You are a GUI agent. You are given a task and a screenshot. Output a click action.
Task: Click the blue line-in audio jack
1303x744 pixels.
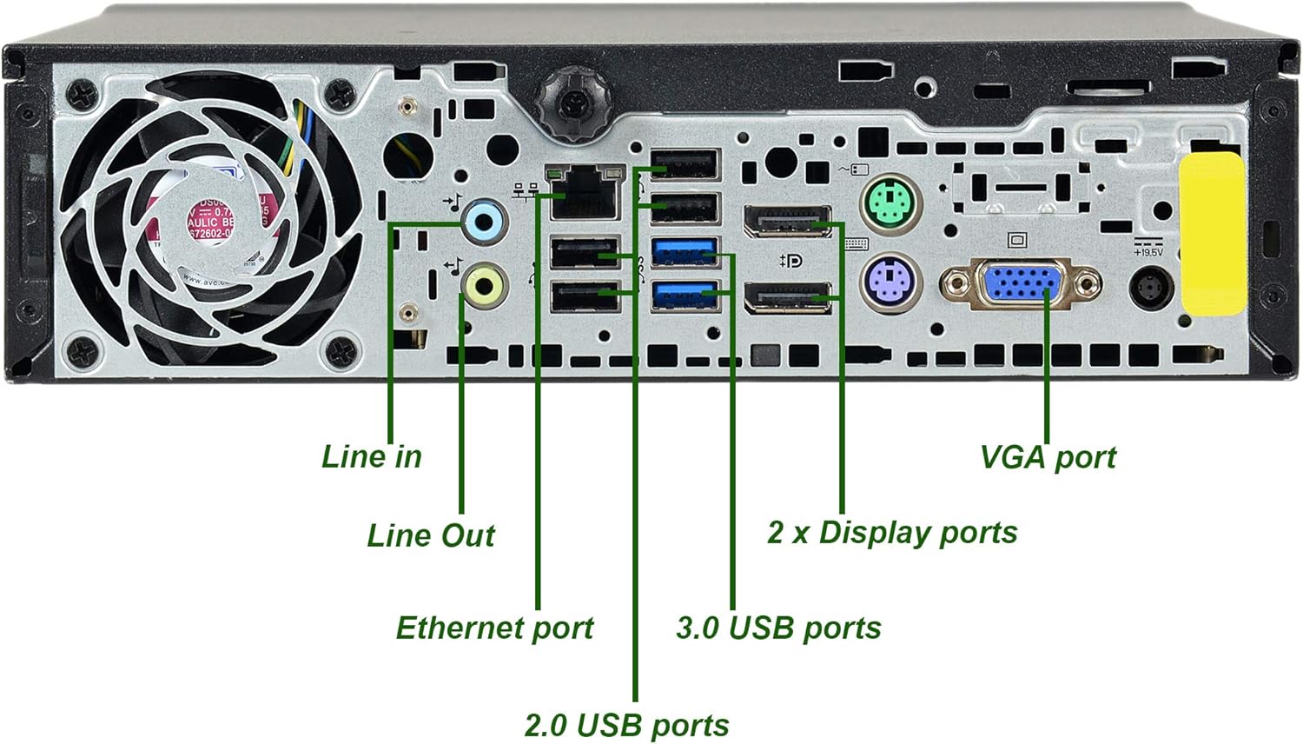coord(484,222)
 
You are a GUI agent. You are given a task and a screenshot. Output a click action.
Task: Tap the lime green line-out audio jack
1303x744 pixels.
coord(484,285)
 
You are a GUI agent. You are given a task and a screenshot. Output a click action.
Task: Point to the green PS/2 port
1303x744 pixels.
coord(891,203)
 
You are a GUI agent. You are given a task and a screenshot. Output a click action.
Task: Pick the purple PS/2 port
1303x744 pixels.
coord(891,281)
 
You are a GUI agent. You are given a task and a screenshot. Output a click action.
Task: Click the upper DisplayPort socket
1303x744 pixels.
coord(787,222)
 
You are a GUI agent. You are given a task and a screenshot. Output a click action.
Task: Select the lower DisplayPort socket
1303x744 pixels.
coord(787,298)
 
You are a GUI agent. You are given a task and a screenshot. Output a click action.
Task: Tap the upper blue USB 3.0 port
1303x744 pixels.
coord(685,252)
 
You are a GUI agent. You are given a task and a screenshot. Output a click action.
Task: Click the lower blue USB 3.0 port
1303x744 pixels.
coord(685,295)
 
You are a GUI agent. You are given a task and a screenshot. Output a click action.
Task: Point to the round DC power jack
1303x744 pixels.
coord(1151,288)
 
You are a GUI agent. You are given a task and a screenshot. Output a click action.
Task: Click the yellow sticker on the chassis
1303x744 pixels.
coord(1213,234)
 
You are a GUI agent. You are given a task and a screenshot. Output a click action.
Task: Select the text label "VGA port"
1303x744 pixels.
coord(1048,457)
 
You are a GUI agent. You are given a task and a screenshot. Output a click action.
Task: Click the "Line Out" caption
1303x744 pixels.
coord(431,535)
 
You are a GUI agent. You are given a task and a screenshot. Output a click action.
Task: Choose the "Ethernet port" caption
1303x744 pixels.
coord(494,628)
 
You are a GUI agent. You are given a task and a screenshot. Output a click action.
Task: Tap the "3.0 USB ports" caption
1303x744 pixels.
coord(778,628)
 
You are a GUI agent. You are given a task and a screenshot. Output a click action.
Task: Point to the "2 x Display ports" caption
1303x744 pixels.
coord(892,532)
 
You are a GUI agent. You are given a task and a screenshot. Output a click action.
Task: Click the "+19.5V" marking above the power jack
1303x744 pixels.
coord(1148,252)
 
